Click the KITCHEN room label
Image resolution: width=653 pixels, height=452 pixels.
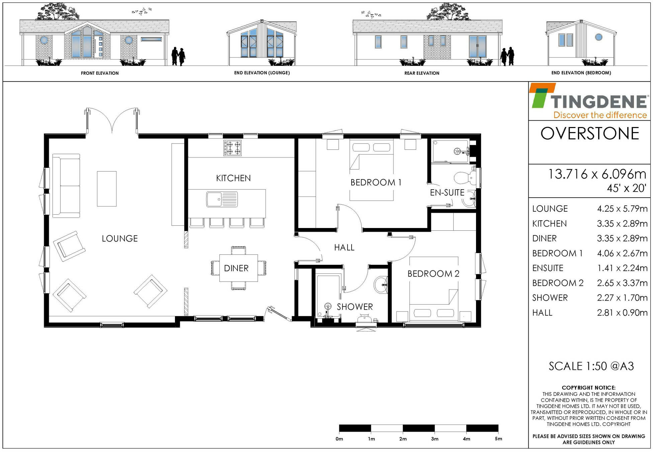pos(233,178)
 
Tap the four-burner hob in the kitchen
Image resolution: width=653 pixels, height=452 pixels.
pos(232,148)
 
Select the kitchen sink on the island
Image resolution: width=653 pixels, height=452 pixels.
pos(222,199)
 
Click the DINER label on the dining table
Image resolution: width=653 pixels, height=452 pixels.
pos(236,268)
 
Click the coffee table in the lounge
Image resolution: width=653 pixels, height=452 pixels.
pos(107,189)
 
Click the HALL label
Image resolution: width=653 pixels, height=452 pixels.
pos(344,247)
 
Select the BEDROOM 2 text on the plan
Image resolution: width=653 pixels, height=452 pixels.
pos(433,274)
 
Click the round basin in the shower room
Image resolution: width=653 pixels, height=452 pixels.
pos(380,285)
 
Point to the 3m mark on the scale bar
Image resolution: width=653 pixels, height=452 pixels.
pos(435,439)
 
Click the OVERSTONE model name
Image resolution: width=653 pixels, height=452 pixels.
pos(590,133)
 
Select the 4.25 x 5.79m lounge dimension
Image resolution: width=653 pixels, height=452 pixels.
pos(622,209)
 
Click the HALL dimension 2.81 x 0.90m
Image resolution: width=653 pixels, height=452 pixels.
pos(622,313)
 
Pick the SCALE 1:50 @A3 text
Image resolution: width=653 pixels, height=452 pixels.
pos(591,366)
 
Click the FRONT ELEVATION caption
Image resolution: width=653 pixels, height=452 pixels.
pos(100,73)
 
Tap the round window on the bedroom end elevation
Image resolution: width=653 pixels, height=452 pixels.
pos(598,37)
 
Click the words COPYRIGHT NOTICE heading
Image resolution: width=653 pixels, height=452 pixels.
pos(588,387)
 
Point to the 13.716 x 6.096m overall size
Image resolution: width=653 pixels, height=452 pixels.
pos(596,174)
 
